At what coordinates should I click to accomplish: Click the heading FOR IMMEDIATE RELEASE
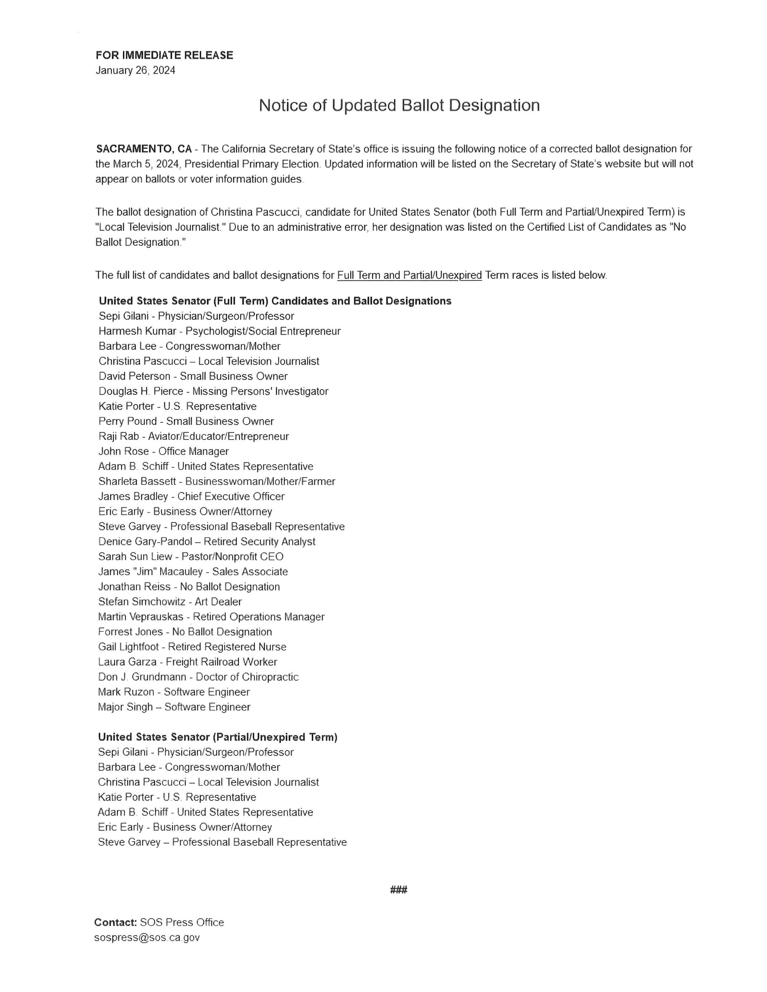coord(164,55)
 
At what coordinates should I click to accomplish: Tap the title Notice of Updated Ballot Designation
coord(399,105)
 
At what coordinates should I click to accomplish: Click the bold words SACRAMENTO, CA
coord(144,149)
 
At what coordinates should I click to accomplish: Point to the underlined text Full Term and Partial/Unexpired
coord(409,275)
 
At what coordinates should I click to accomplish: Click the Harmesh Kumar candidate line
coord(220,331)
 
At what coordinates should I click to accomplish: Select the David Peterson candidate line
coord(193,376)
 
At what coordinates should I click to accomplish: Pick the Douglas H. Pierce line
coord(213,391)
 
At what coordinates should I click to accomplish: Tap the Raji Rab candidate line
coord(194,436)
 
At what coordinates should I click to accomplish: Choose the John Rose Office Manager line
coord(163,451)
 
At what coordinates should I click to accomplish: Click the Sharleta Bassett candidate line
coord(217,481)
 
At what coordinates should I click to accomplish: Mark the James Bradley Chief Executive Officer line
coord(191,496)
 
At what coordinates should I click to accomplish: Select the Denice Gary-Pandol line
coord(207,541)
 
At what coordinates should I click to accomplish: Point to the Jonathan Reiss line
coord(189,586)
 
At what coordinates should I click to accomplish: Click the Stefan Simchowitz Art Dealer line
coord(170,601)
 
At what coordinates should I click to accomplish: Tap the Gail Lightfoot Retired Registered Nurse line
coord(192,646)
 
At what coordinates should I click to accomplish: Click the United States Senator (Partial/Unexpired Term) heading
coord(218,737)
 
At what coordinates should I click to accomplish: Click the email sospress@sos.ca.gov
coord(147,937)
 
